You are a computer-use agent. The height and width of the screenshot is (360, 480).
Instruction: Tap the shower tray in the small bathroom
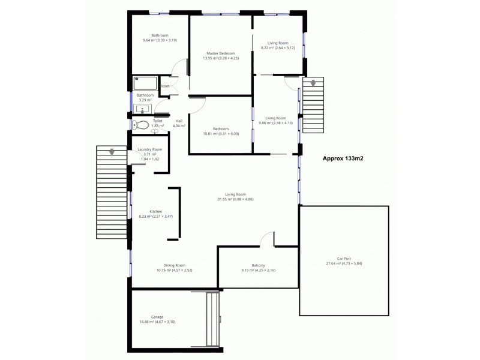pyautogui.click(x=145, y=83)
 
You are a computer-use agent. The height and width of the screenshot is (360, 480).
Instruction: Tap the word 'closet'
pyautogui.click(x=165, y=86)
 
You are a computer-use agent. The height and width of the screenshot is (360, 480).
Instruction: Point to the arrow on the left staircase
pyautogui.click(x=111, y=152)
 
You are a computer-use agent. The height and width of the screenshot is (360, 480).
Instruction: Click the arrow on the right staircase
pyautogui.click(x=312, y=84)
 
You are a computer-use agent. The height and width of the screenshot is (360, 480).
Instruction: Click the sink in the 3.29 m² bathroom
pyautogui.click(x=142, y=109)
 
